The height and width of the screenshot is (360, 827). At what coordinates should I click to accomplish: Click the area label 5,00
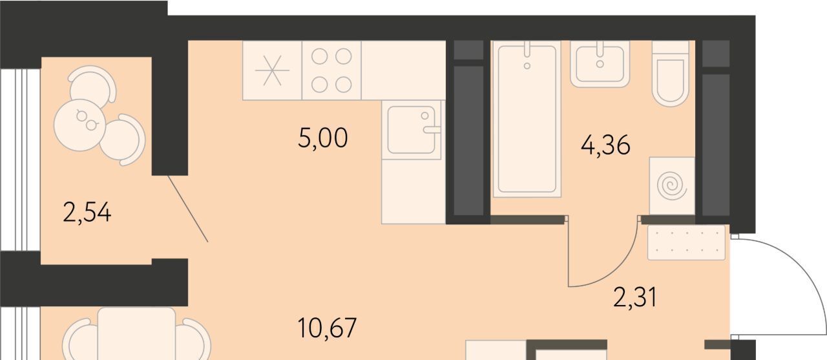(322, 138)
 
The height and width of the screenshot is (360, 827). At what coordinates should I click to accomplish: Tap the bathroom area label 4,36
(605, 145)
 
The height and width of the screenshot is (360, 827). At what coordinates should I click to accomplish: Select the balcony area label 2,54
(87, 213)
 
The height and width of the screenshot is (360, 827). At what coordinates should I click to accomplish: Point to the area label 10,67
(327, 328)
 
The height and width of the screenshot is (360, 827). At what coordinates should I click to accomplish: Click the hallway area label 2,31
(635, 297)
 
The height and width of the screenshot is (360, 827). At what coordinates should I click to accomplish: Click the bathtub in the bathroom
(527, 119)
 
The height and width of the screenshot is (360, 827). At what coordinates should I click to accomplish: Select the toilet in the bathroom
(671, 74)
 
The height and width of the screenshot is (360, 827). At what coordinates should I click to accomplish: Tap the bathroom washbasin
(600, 64)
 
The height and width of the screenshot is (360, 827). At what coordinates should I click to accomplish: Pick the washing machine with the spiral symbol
(672, 185)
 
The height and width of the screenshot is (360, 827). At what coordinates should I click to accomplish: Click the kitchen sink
(412, 130)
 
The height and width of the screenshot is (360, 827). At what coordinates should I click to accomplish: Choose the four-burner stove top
(331, 70)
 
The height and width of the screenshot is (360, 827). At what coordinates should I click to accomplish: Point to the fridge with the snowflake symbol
(272, 70)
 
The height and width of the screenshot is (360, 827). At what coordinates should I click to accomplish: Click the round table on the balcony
(79, 125)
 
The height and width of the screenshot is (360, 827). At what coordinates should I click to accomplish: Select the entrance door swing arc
(801, 269)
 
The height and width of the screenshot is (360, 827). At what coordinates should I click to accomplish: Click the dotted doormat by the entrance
(686, 242)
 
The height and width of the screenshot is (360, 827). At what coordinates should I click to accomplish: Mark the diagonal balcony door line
(188, 209)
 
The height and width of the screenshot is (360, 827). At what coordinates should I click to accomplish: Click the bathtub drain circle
(527, 66)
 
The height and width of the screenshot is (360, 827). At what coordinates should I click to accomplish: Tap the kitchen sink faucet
(431, 130)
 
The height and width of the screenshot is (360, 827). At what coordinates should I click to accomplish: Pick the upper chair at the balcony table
(93, 83)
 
